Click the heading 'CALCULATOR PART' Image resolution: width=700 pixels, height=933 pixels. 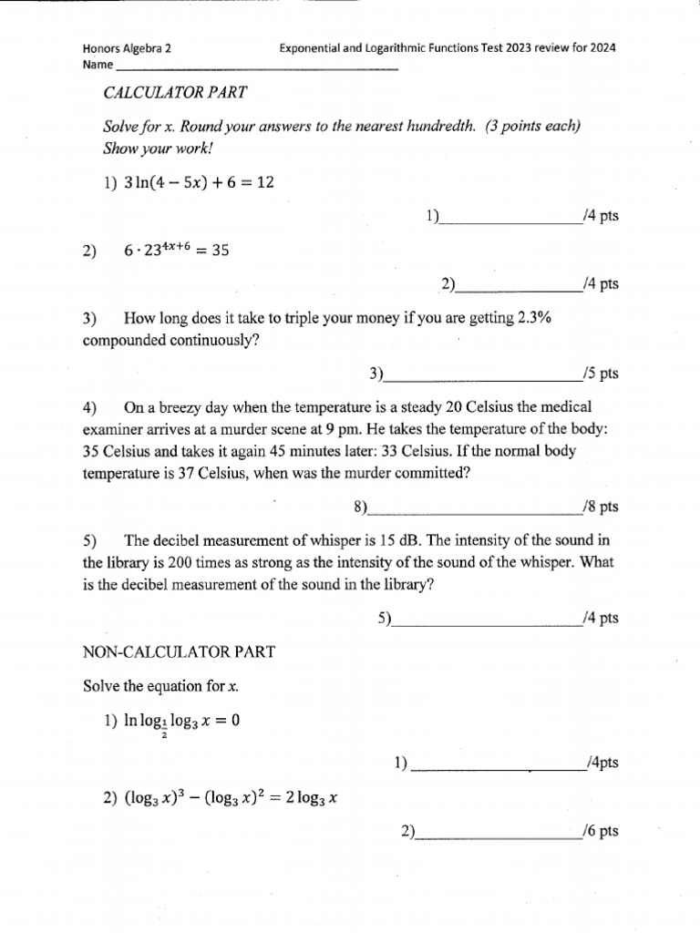tap(176, 93)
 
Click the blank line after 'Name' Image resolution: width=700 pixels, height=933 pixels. tap(256, 67)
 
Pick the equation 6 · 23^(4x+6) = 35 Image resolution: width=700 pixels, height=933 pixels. tap(175, 251)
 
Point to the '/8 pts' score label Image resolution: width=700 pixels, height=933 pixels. tap(599, 506)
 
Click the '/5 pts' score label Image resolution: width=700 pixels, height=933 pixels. tap(599, 374)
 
